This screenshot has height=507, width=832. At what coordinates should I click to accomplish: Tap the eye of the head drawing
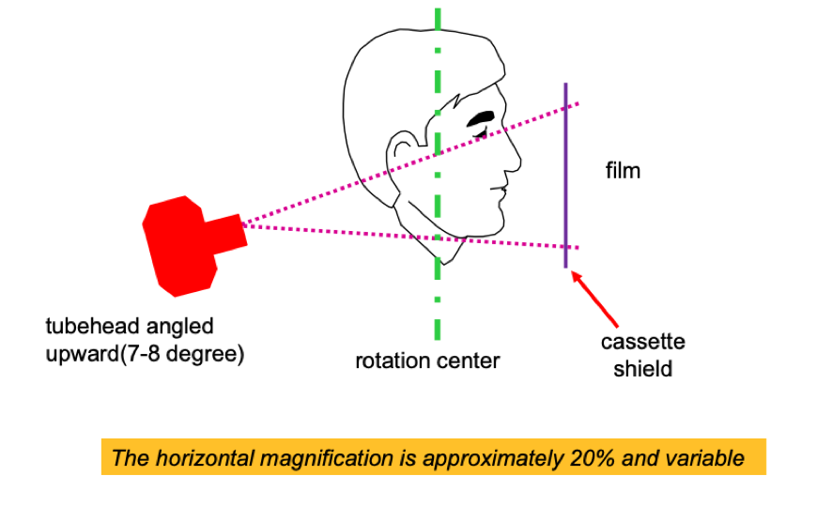(x=485, y=119)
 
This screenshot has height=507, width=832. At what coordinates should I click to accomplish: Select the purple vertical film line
(x=565, y=174)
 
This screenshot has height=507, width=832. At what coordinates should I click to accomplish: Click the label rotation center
(x=427, y=361)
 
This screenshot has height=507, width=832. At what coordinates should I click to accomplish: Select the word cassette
(x=643, y=342)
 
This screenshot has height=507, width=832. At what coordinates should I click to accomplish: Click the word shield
(x=643, y=368)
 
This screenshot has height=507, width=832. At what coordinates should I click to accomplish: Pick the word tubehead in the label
(x=89, y=327)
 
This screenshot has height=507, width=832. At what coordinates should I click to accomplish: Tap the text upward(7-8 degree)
(x=145, y=355)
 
